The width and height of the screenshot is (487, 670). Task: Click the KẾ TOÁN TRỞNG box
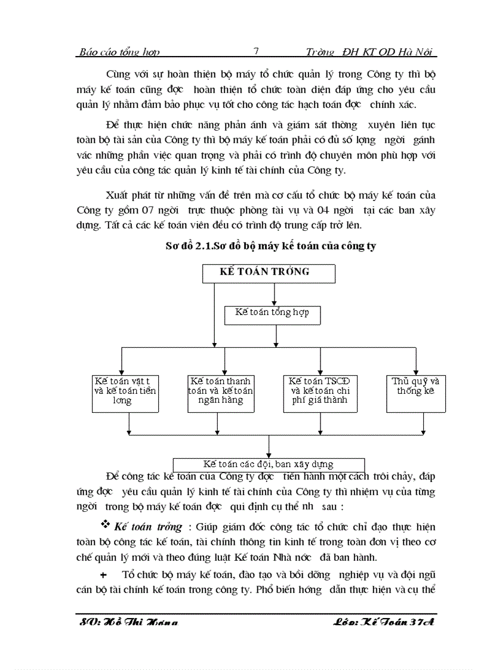point(269,273)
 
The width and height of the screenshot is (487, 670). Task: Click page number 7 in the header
point(256,52)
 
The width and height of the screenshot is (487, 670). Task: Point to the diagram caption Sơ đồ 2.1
point(270,245)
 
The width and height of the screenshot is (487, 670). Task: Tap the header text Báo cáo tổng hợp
point(119,53)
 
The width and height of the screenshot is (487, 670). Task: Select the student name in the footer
point(128,622)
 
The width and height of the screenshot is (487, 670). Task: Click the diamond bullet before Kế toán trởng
point(106,525)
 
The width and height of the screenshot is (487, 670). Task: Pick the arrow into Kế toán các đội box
point(269,453)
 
